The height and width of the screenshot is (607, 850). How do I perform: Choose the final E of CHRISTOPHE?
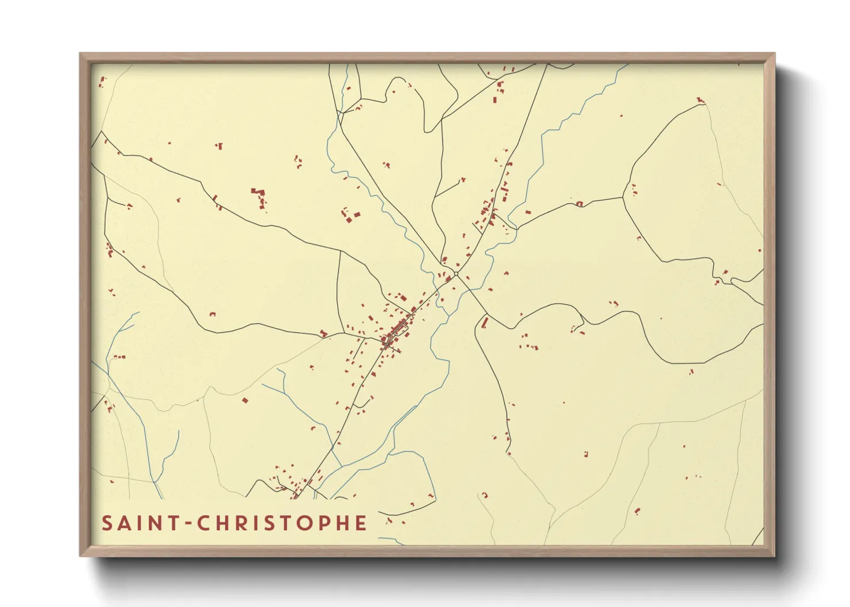(x=361, y=523)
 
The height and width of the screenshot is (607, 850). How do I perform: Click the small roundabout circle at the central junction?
(x=456, y=274)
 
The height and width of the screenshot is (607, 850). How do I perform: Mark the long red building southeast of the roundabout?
(x=485, y=322)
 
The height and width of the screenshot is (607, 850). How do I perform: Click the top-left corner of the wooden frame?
(x=80, y=54)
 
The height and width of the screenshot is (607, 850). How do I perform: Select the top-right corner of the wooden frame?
(x=774, y=54)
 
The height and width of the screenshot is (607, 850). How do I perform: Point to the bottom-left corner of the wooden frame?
(x=80, y=555)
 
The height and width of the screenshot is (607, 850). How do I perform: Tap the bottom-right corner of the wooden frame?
(x=774, y=555)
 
